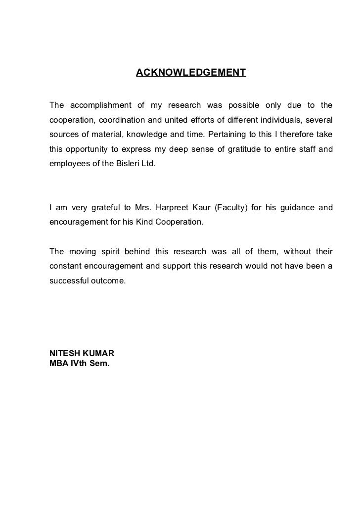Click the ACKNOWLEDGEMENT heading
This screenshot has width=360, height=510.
[x=191, y=74]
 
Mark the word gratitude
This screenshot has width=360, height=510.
[x=247, y=148]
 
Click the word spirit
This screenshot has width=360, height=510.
[x=109, y=251]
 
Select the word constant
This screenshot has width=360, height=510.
[x=65, y=266]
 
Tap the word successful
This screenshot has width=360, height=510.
[x=68, y=280]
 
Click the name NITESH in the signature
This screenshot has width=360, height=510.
[x=64, y=354]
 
